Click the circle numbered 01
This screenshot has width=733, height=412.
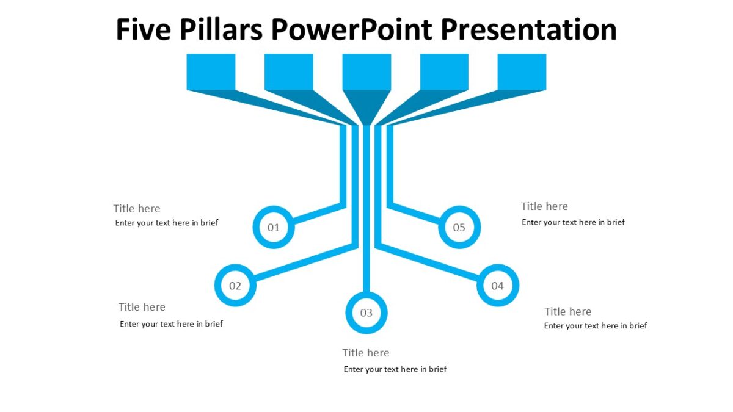pyautogui.click(x=274, y=228)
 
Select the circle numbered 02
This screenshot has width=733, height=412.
pyautogui.click(x=235, y=286)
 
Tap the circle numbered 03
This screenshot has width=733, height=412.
pyautogui.click(x=366, y=313)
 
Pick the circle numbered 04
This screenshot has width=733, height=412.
pyautogui.click(x=497, y=286)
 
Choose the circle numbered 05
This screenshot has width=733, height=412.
pyautogui.click(x=459, y=228)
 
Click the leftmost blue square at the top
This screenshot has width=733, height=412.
pyautogui.click(x=211, y=71)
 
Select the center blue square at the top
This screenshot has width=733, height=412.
pyautogui.click(x=366, y=71)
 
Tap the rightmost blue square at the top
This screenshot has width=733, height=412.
pyautogui.click(x=522, y=71)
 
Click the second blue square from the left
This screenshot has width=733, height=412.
pyautogui.click(x=288, y=71)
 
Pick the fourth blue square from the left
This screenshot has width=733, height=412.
pyautogui.click(x=444, y=71)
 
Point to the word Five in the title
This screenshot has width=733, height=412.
pyautogui.click(x=143, y=29)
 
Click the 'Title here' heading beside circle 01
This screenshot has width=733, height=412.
pyautogui.click(x=137, y=209)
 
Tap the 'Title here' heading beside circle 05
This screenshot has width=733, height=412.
pyautogui.click(x=544, y=206)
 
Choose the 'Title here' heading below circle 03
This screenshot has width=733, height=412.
pyautogui.click(x=365, y=353)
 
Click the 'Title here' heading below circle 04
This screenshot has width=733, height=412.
pyautogui.click(x=567, y=312)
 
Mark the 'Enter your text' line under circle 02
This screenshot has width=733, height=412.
pyautogui.click(x=171, y=324)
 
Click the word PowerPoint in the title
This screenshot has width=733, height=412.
pyautogui.click(x=352, y=29)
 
